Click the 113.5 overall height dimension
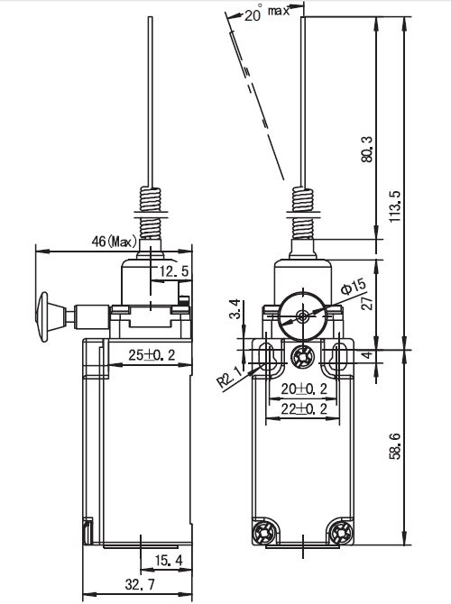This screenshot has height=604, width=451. tap(395, 206)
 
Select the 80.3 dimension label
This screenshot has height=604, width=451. tap(367, 149)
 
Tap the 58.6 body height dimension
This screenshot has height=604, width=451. tap(395, 446)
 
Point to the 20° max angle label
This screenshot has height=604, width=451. tap(267, 14)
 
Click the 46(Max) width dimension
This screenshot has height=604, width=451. tap(114, 242)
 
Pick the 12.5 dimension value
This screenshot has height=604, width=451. tap(175, 272)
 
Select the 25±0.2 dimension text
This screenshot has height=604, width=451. tap(152, 355)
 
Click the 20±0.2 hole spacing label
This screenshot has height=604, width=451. tap(304, 389)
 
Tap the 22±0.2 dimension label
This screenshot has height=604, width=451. tap(304, 408)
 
